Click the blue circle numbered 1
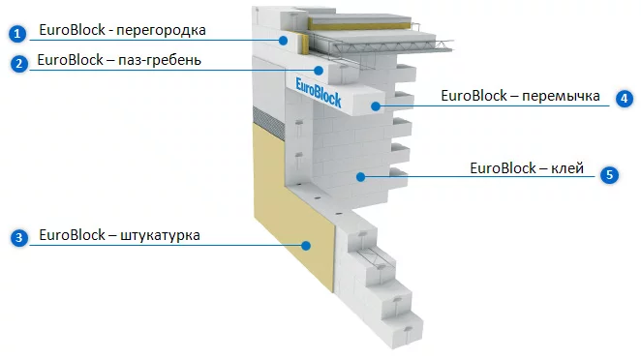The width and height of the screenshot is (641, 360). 17,34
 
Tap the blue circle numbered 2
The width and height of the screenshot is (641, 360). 18,64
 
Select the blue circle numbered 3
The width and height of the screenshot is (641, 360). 18,238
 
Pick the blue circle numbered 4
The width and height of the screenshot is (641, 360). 625,99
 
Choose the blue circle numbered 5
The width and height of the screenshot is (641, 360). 609,175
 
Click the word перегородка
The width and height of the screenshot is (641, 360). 161,31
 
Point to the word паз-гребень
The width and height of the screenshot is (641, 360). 160,60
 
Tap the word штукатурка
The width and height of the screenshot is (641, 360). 160,236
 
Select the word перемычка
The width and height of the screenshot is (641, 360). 561,96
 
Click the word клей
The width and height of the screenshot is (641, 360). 567,168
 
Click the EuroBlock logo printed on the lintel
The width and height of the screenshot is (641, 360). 318,93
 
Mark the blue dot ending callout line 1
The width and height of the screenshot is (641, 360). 283,40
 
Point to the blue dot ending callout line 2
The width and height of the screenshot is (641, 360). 319,71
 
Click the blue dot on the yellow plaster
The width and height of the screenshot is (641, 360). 306,246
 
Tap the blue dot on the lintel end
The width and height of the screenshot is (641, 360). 376,106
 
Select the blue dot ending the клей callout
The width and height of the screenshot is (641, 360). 360,177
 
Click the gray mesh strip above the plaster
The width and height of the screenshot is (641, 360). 268,123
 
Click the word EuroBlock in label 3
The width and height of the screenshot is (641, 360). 73,235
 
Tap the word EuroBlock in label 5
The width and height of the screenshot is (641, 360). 503,168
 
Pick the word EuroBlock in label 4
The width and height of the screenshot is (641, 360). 473,96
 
